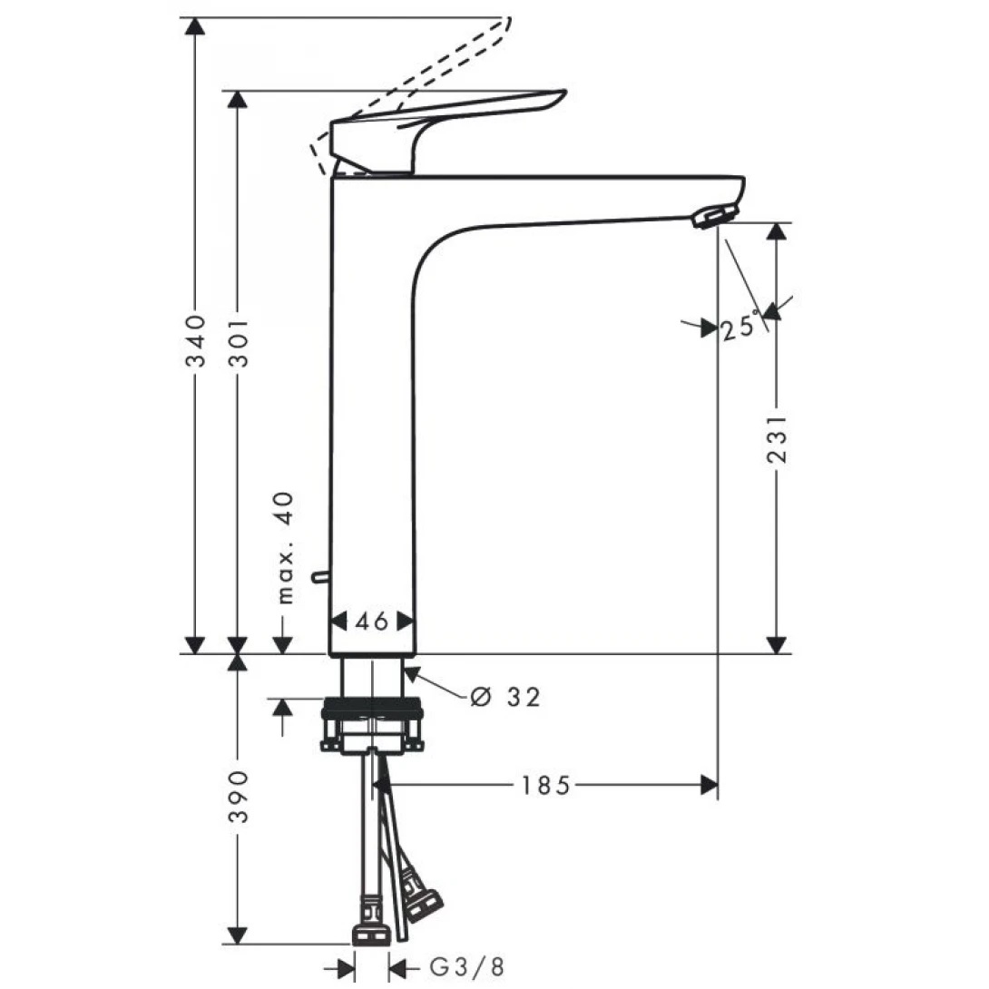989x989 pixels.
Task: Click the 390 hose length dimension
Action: [238, 797]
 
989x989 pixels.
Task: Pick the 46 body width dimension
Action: [371, 621]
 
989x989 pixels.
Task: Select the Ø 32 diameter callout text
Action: [505, 697]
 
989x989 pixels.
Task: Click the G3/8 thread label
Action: [465, 967]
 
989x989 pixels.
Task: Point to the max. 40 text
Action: [285, 548]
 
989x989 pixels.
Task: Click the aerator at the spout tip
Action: [714, 216]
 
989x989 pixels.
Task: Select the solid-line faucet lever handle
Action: [436, 127]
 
